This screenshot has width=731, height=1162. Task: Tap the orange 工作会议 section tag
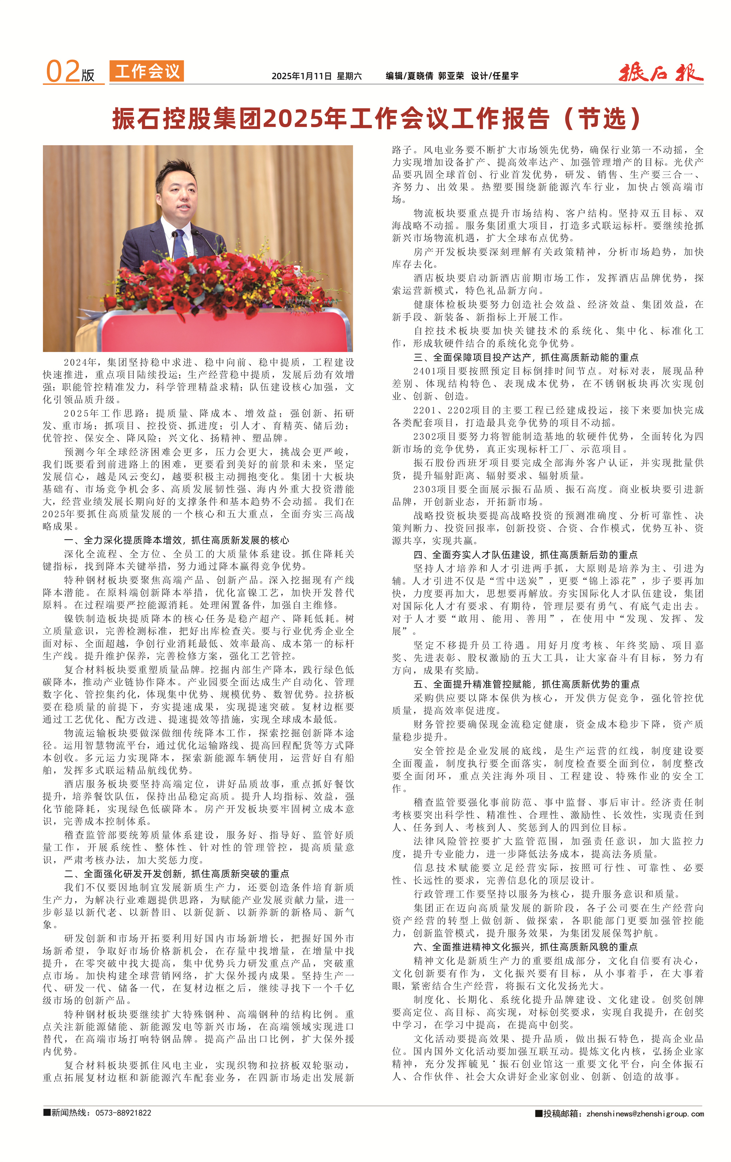[147, 71]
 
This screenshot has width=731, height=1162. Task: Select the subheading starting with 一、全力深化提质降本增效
[176, 540]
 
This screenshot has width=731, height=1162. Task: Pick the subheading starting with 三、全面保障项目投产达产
[526, 357]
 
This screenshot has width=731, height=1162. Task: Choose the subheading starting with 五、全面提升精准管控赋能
[526, 684]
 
